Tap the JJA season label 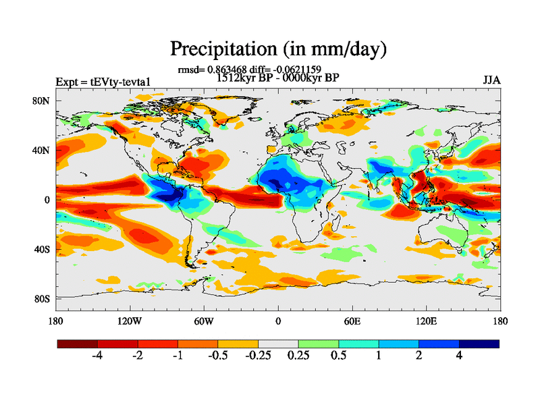tap(491, 80)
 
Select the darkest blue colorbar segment tap(479, 344)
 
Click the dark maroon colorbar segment tap(78, 344)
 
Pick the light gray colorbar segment tap(278, 344)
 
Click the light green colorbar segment tap(319, 344)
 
